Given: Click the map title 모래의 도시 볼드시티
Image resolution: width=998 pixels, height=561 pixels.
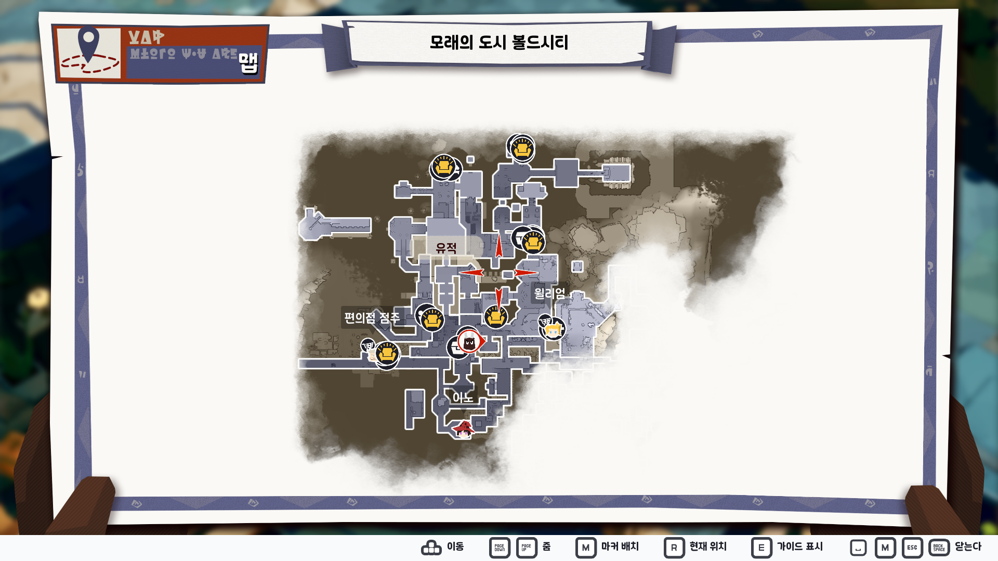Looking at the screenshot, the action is click(498, 42).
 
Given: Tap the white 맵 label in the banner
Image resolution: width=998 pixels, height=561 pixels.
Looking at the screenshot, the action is click(248, 63).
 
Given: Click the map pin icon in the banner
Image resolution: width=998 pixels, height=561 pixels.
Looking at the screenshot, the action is click(88, 44).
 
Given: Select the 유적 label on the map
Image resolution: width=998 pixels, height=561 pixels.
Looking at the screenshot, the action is click(446, 248).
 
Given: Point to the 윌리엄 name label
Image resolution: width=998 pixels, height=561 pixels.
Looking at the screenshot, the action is click(549, 293).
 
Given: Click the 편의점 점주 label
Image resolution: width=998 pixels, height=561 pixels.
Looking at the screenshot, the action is click(372, 317).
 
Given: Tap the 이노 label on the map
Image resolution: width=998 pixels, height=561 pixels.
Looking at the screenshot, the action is click(462, 398).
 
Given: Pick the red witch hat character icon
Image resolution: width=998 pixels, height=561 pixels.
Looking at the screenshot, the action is click(463, 429).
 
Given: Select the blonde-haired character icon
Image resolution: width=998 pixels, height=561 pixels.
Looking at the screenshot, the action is click(553, 329).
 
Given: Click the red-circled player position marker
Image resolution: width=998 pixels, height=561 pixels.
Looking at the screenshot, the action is click(469, 342).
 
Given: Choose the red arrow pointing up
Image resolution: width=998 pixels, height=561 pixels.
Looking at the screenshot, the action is click(499, 246).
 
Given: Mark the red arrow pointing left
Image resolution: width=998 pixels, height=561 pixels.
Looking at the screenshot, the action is click(471, 272).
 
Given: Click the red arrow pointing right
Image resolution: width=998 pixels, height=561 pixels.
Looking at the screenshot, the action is click(526, 273).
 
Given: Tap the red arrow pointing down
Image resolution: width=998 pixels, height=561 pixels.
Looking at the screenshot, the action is click(499, 298).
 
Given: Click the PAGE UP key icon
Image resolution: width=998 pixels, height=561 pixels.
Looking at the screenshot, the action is click(527, 547).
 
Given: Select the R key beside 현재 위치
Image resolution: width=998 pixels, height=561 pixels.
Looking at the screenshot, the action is click(674, 547).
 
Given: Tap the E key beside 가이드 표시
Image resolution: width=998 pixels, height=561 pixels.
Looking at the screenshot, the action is click(761, 547).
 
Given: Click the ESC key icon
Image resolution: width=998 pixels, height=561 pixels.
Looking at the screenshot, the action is click(912, 547).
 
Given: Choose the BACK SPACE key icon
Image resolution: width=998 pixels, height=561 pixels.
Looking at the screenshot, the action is click(939, 547).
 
